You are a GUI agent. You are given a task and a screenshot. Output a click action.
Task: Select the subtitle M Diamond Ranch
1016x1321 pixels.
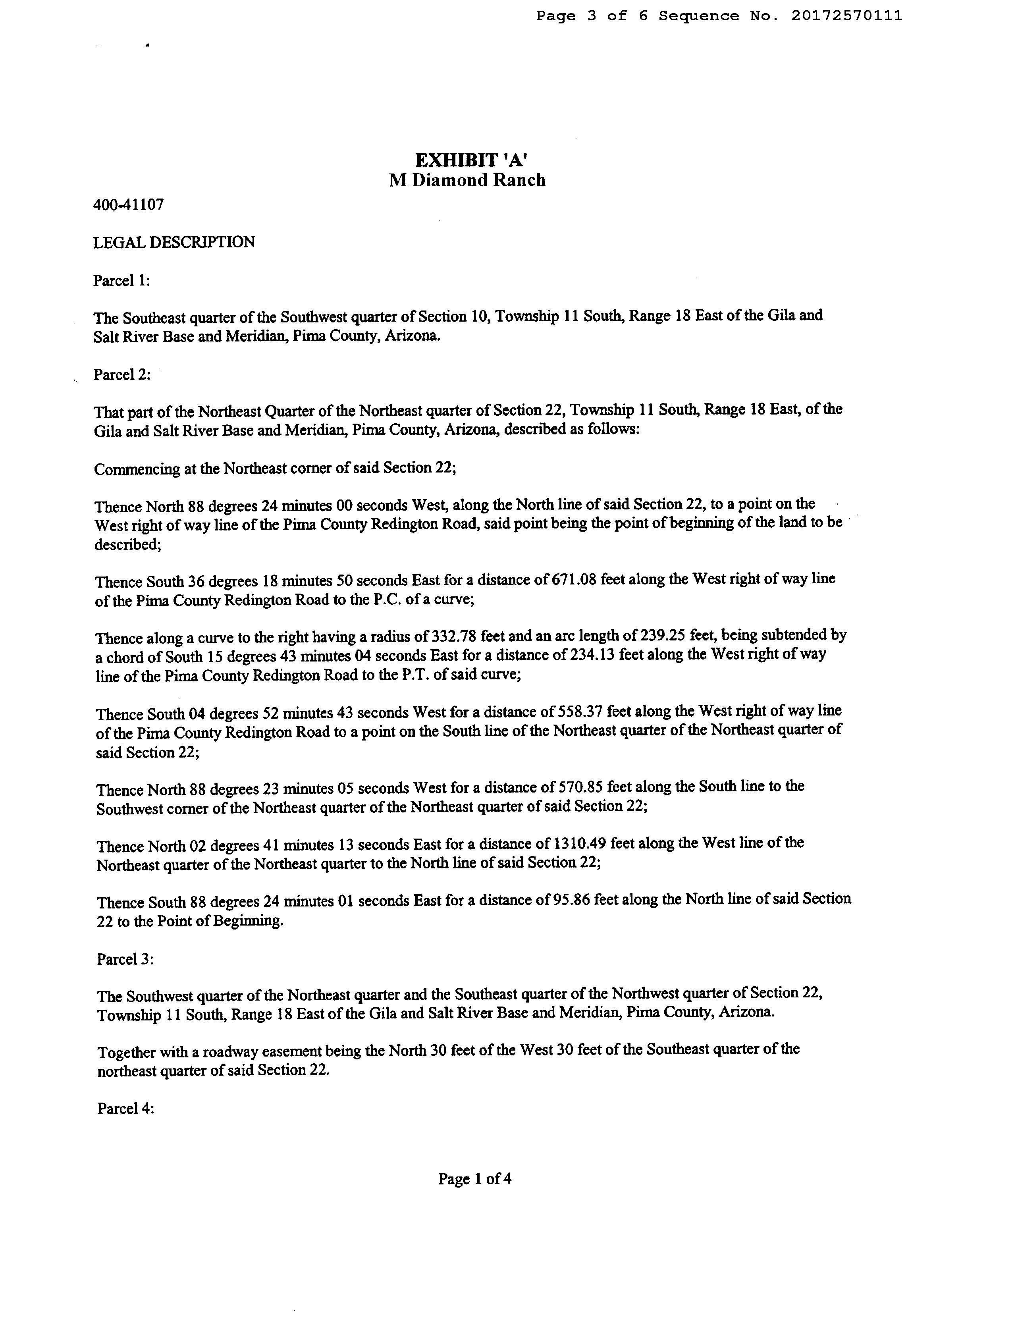pyautogui.click(x=467, y=180)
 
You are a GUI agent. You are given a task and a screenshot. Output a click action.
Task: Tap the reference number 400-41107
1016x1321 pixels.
pyautogui.click(x=128, y=204)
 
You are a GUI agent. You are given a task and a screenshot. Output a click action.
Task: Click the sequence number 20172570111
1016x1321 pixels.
pyautogui.click(x=846, y=16)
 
